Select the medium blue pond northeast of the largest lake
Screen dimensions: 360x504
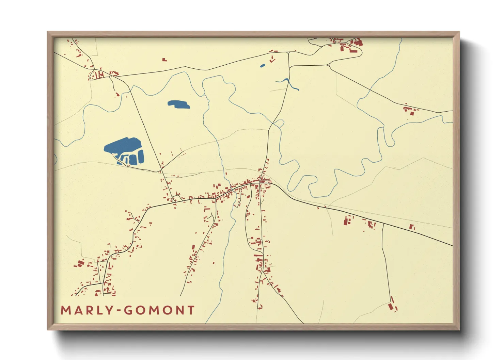pyautogui.click(x=178, y=104)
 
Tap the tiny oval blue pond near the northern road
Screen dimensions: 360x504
pyautogui.click(x=262, y=66)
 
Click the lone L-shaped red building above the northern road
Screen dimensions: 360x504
pyautogui.click(x=164, y=60)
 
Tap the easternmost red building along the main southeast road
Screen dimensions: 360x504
pyautogui.click(x=412, y=227)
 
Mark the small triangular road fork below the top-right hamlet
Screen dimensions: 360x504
pyautogui.click(x=329, y=65)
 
